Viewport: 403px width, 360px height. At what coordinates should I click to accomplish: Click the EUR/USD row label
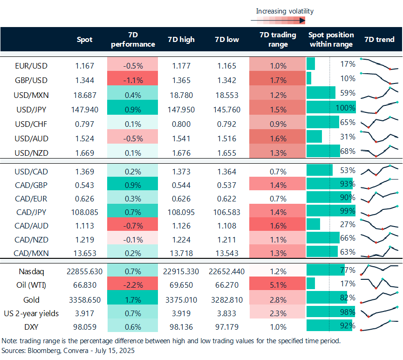pos(31,66)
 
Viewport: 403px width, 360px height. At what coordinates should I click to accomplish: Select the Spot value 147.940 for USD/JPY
pos(84,110)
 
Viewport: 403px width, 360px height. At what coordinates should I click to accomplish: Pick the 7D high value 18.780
pos(181,95)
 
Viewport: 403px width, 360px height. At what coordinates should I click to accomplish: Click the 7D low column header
pos(227,40)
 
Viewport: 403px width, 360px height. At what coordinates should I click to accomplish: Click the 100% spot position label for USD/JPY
pos(345,108)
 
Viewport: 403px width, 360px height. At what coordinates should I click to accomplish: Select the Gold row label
pos(31,300)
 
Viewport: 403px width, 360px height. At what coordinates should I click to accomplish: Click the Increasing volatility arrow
pos(278,20)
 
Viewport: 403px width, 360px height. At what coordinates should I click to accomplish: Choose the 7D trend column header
pos(379,40)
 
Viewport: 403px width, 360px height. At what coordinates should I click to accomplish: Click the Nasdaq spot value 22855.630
pos(84,271)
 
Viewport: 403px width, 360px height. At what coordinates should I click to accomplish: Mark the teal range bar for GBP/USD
pos(309,78)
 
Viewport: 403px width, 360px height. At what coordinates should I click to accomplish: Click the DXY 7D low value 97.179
pos(227,327)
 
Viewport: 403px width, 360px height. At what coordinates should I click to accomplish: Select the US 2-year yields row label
pos(31,313)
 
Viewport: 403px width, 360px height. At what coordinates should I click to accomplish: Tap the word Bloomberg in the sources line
pos(44,351)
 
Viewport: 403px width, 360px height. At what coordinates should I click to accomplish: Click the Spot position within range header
pos(331,40)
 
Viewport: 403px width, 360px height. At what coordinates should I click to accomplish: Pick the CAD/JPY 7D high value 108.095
pos(181,212)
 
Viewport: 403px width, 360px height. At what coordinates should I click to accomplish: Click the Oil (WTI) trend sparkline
pos(379,284)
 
